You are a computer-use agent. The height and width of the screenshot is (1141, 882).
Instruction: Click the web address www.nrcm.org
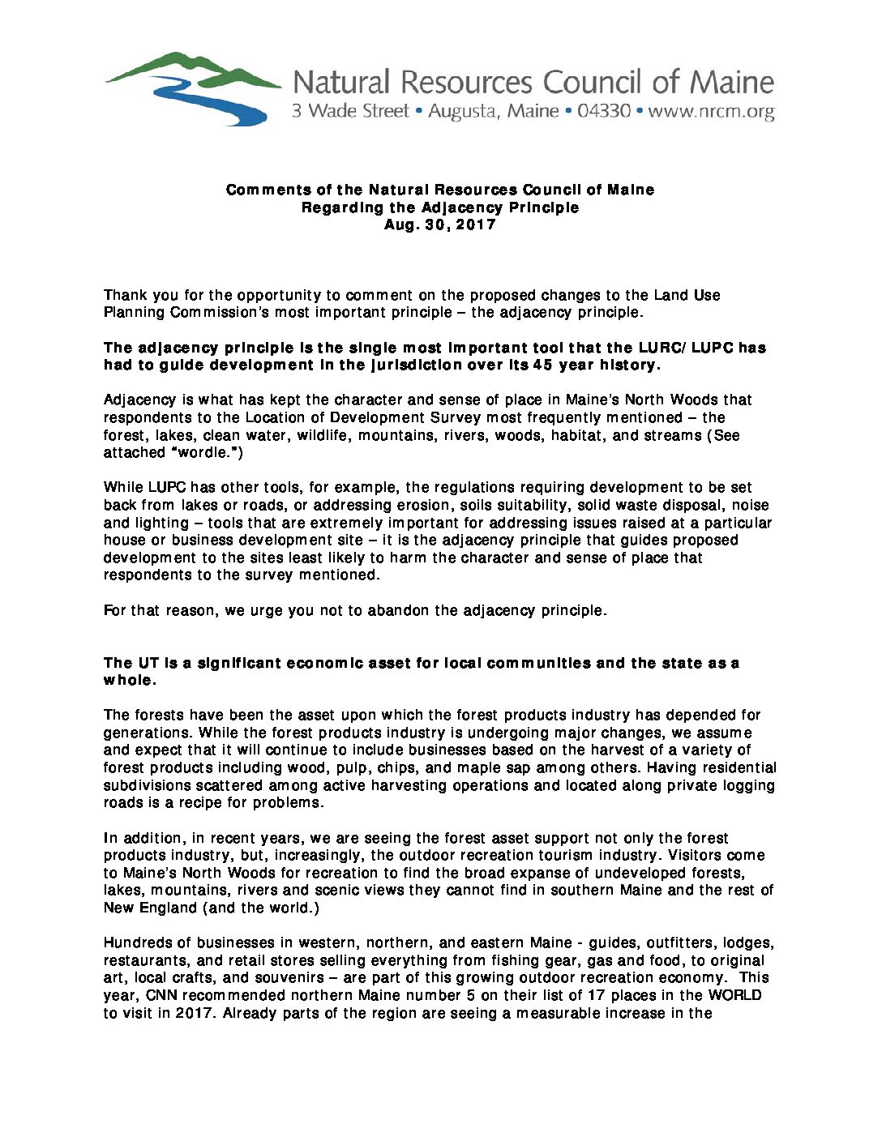[x=711, y=111]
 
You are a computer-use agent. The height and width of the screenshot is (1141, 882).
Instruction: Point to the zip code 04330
[x=603, y=111]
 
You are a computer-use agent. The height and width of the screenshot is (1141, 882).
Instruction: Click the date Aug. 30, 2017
[x=440, y=224]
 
